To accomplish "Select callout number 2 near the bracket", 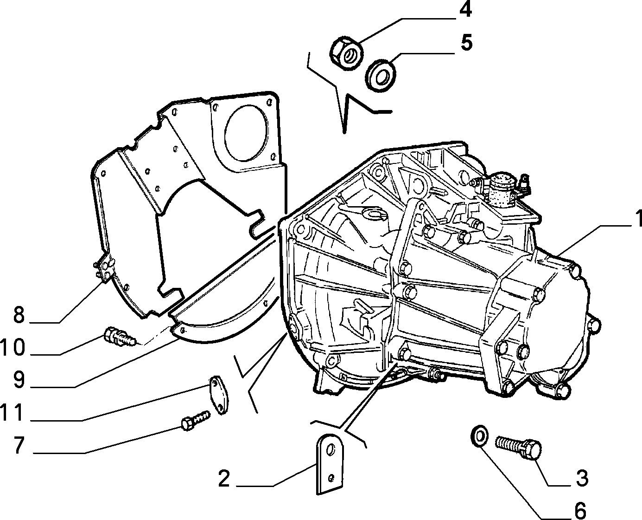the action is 224,479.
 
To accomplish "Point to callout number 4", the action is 466,10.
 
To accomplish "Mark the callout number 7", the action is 19,446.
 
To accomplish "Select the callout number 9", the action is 19,380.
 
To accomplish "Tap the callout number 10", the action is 12,347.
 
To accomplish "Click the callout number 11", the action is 12,413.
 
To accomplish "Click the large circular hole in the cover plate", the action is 246,133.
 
